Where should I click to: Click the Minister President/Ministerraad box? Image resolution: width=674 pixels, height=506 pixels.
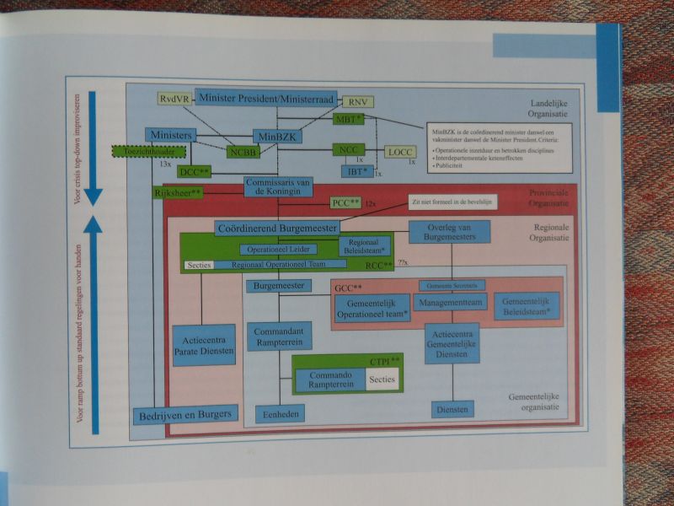266,97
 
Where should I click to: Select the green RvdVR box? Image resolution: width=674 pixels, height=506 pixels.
175,99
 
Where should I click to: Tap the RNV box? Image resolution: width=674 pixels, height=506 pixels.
356,102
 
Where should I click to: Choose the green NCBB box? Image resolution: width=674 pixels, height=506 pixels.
242,153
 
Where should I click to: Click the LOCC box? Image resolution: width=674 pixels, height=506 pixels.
398,152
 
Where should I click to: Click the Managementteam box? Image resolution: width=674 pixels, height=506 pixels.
452,303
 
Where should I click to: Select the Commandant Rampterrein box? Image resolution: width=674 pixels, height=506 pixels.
283,335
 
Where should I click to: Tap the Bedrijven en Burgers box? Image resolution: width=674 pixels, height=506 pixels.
186,414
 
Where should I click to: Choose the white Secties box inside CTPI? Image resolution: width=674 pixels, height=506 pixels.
382,379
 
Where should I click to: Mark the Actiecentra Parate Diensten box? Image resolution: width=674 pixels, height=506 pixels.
203,344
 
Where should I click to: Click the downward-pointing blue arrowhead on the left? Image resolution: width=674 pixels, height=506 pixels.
94,197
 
